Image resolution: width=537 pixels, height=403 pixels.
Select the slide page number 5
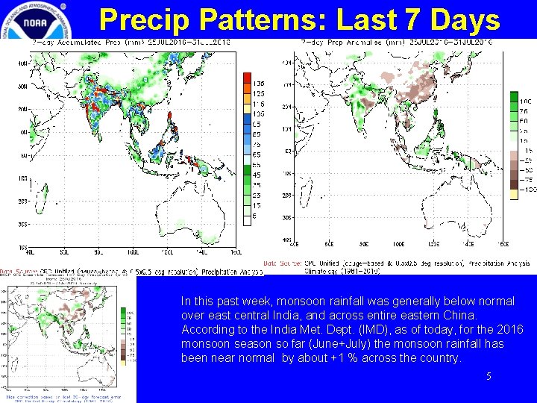pos(489,377)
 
